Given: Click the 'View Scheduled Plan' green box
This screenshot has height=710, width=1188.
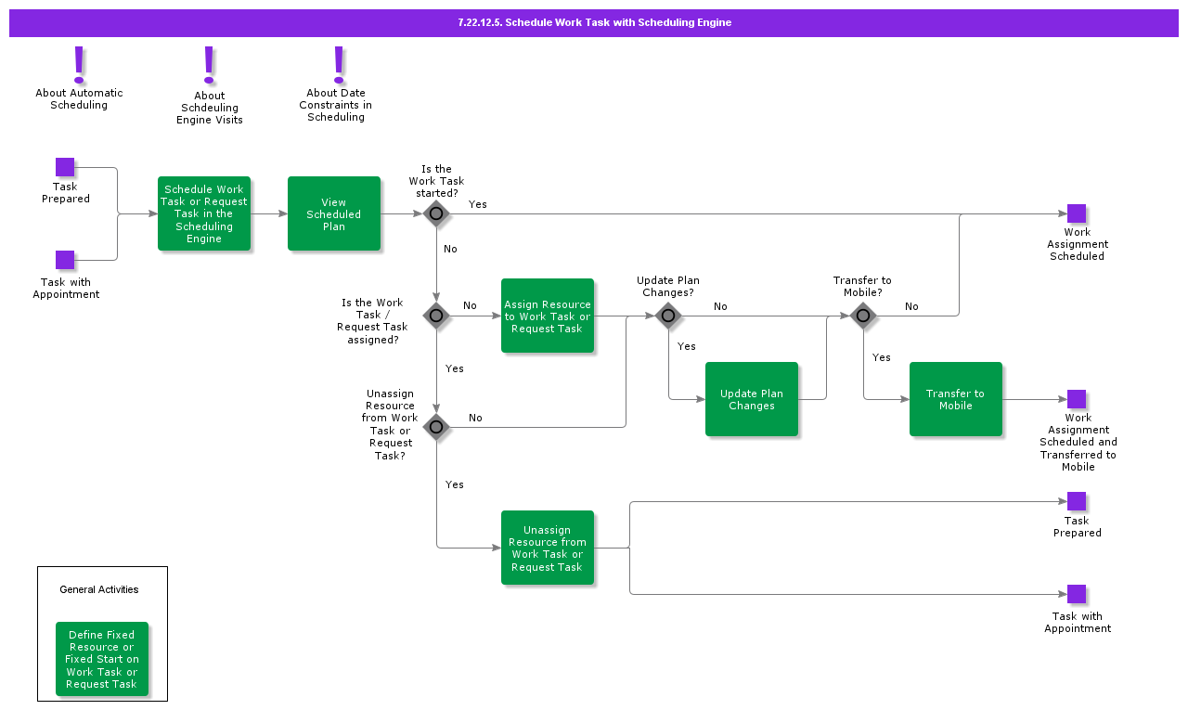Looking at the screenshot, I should click(x=334, y=213).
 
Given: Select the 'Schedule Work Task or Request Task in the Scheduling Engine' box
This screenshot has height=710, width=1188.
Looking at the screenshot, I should click(x=204, y=213).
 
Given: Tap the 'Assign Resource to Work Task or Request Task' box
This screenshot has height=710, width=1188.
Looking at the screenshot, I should click(x=548, y=316).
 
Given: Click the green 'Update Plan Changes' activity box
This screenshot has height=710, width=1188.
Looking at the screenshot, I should click(x=752, y=399).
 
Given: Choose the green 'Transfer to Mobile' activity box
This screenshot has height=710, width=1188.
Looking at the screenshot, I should click(x=956, y=399).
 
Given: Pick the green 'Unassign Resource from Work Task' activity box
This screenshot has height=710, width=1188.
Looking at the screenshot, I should click(x=548, y=548).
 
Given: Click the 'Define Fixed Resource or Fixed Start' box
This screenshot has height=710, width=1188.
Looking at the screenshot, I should click(x=102, y=659).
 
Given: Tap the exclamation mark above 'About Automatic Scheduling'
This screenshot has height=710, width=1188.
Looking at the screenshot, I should click(x=79, y=64).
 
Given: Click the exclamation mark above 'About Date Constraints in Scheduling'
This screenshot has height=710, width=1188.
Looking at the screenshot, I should click(x=339, y=64).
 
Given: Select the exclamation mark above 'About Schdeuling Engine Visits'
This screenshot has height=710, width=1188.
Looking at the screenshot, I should click(x=209, y=65).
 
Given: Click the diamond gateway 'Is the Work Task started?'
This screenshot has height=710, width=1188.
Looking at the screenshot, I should click(x=436, y=213).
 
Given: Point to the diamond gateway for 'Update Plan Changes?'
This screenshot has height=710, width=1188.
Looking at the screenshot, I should click(x=668, y=316).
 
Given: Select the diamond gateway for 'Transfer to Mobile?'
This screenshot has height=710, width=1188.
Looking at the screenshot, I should click(x=863, y=316).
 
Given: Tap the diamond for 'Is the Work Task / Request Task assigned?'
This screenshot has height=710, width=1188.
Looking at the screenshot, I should click(x=436, y=316).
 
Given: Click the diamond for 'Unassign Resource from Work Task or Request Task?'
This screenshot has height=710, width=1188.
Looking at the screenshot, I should click(x=436, y=427).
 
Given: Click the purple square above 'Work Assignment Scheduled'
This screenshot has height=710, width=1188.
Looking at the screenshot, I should click(x=1077, y=213).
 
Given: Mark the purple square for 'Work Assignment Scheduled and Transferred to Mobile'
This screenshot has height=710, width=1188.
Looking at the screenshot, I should click(x=1077, y=399).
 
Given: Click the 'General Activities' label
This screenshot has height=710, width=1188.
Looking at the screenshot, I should click(x=99, y=589).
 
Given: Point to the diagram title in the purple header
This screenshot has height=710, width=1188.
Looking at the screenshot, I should click(x=594, y=22).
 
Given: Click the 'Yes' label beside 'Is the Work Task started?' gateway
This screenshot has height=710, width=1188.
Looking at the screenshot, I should click(x=477, y=204).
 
